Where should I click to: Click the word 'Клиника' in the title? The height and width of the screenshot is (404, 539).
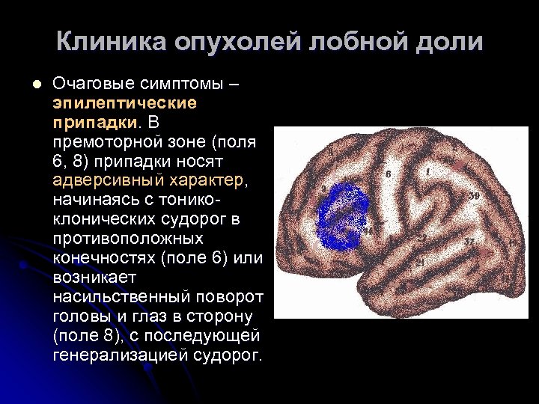(110, 42)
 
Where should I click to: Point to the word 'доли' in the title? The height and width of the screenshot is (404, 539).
(448, 42)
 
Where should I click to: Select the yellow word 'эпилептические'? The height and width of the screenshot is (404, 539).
(124, 102)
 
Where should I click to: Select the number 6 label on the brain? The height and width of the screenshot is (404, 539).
(388, 174)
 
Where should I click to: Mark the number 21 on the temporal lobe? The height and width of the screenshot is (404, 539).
(422, 262)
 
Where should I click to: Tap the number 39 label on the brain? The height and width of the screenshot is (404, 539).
(474, 196)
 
